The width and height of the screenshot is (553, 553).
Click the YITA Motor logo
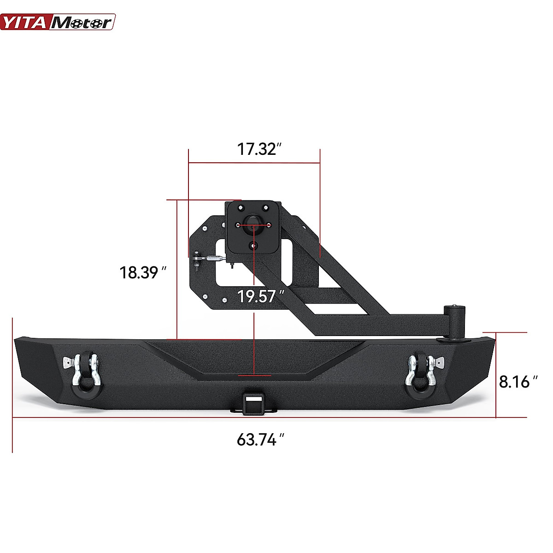click(x=58, y=22)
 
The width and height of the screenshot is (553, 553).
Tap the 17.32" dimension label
click(x=259, y=149)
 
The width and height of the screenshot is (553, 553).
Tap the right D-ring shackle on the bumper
click(x=421, y=372)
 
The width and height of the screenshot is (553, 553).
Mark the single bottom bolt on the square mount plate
click(x=253, y=246)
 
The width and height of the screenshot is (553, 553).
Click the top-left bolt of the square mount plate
click(x=240, y=208)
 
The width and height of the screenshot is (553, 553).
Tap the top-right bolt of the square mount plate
click(x=265, y=208)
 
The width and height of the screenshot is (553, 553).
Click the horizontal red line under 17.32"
click(x=254, y=163)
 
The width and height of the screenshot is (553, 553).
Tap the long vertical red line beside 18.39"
click(x=177, y=270)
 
